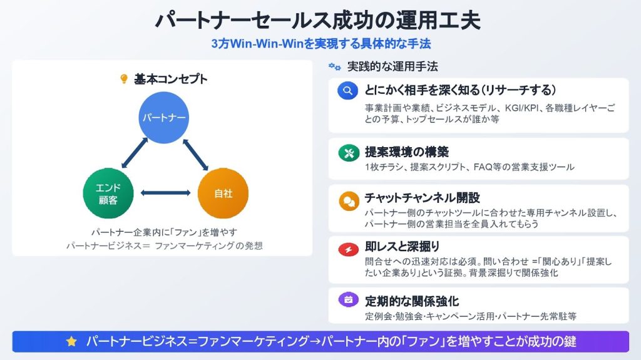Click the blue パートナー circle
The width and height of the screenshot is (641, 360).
point(163,118)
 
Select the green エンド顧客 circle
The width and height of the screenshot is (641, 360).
point(108,193)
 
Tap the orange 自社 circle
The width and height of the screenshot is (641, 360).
point(223,193)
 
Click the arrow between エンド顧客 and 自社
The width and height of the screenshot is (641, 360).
point(165,193)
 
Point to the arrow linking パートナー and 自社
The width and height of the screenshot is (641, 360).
point(195,155)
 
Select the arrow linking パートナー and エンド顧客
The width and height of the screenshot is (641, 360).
point(135,153)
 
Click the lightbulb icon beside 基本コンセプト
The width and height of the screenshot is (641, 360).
point(124,78)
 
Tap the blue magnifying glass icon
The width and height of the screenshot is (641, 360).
point(348,90)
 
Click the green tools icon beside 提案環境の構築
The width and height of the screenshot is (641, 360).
point(349,153)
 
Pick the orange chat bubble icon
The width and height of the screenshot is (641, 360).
point(349,201)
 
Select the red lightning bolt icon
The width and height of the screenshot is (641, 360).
point(348,249)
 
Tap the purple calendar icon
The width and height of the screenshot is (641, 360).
point(348,299)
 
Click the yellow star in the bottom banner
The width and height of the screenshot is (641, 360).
point(71,342)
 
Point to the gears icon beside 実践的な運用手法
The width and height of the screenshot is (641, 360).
point(335,66)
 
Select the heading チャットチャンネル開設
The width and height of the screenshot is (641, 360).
point(423,198)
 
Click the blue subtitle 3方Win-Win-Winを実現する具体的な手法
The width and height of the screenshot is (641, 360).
point(321,43)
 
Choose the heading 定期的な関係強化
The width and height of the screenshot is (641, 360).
point(412,302)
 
